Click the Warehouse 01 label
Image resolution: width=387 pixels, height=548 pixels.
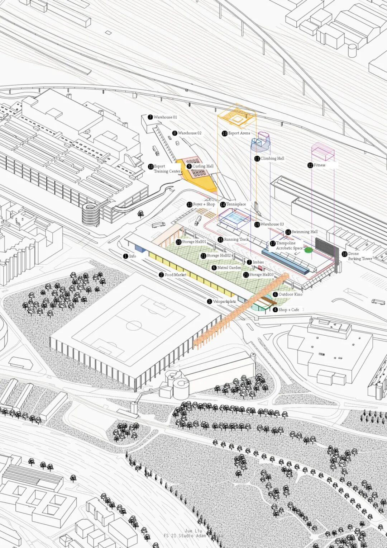pos(165,117)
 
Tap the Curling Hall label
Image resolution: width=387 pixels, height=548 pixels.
pos(203,166)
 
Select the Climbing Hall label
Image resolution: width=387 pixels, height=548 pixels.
pos(272,159)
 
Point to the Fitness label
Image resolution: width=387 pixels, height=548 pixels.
pos(319,165)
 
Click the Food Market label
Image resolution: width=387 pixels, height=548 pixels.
pos(175,275)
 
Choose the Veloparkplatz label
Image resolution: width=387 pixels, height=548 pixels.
pos(224,302)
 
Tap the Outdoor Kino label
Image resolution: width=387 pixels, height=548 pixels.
pos(290,294)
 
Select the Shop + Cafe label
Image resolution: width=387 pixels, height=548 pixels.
pos(288,310)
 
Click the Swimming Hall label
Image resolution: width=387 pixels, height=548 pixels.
pos(304,232)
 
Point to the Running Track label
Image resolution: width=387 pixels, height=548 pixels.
pos(236,240)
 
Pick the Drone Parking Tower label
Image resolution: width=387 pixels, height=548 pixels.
pos(360,256)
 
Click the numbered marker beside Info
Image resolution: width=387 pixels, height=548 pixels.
pos(125,256)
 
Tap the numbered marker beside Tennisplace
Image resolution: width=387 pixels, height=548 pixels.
pos(223,204)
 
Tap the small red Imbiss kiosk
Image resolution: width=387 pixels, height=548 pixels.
pos(260,268)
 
